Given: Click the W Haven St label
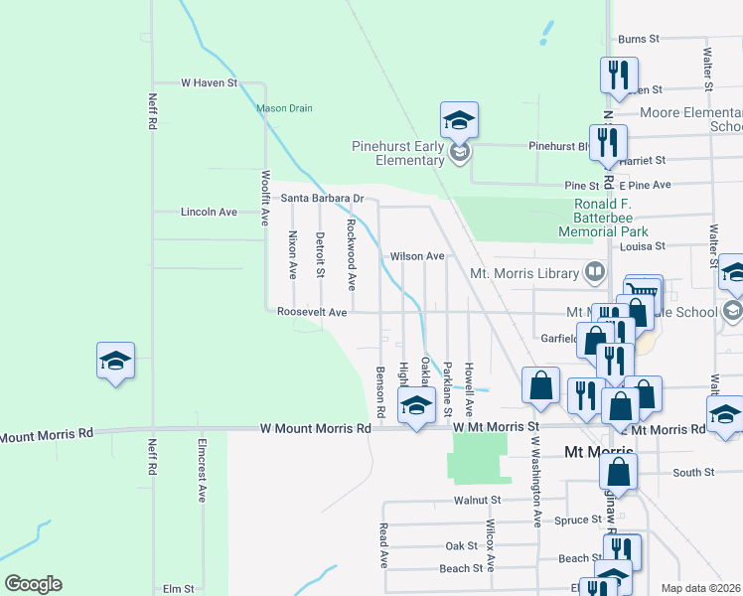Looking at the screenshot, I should pyautogui.click(x=209, y=83).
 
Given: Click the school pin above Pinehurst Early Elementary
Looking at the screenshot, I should pyautogui.click(x=459, y=120).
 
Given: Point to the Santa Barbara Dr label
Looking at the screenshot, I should pyautogui.click(x=322, y=198).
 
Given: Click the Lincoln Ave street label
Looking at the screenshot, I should pyautogui.click(x=209, y=212).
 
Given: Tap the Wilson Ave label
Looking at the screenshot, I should pyautogui.click(x=417, y=256).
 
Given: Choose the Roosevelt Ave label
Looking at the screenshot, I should pyautogui.click(x=312, y=312).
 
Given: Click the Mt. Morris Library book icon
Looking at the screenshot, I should pyautogui.click(x=594, y=270).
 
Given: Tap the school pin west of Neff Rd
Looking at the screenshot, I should pyautogui.click(x=115, y=361).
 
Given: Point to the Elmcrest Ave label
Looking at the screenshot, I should pyautogui.click(x=202, y=479).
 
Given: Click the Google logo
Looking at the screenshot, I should pyautogui.click(x=33, y=584).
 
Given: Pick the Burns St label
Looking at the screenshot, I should pyautogui.click(x=639, y=39).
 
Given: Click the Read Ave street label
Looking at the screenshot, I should pyautogui.click(x=383, y=545).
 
